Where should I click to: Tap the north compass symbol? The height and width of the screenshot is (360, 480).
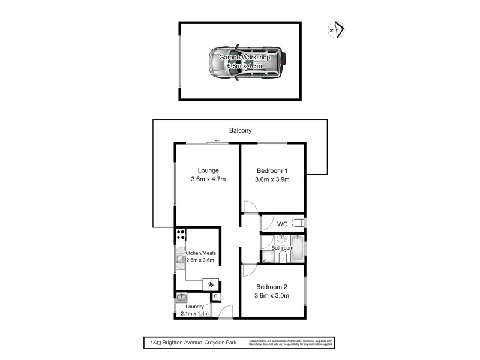point(336,28)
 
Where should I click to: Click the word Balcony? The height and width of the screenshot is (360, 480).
point(240,130)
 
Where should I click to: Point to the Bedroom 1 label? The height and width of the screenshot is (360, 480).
point(272,170)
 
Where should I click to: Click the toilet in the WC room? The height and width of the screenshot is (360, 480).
point(298,224)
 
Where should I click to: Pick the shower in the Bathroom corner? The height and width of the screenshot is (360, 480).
point(268,257)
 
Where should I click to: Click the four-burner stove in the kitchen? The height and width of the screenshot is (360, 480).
point(180,235)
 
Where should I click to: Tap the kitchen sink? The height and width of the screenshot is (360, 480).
point(180,261)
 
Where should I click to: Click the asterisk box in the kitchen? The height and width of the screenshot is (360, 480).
point(211,285)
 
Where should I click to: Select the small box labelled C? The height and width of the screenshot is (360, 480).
point(215,296)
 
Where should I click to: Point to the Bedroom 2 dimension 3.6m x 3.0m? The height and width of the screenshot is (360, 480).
point(272,296)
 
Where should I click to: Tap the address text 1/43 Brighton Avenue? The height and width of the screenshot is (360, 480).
point(186,343)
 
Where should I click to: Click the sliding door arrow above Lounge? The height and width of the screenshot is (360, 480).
point(218,142)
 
